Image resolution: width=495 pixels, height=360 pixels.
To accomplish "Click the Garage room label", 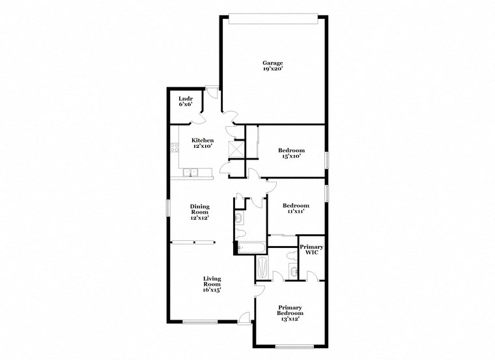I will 272,62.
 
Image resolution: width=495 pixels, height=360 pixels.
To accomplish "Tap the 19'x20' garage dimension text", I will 272,68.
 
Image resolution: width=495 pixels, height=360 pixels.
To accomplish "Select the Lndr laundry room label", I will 186,98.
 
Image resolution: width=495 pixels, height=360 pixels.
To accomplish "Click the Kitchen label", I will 202,141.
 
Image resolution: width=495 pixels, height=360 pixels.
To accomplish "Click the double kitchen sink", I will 191,173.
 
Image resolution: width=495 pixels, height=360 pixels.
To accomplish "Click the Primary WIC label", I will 311,249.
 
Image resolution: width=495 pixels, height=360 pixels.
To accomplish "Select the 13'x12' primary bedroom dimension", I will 290,319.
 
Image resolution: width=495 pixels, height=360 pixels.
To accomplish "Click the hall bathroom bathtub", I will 251,246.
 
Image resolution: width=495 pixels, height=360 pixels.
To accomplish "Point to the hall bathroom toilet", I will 240,233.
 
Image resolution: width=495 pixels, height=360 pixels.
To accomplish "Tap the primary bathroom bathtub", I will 262,267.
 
